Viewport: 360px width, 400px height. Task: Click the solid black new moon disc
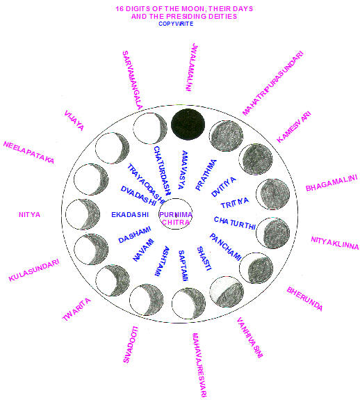(188, 125)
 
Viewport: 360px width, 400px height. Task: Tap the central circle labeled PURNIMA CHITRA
(176, 214)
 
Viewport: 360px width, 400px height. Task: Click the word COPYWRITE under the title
(176, 24)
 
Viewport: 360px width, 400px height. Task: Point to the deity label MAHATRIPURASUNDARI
(272, 83)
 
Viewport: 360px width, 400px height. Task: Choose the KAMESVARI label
(294, 127)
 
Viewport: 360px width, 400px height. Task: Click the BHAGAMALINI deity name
(332, 183)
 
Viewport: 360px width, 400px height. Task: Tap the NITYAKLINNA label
(335, 243)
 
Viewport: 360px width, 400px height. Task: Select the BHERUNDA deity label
(304, 298)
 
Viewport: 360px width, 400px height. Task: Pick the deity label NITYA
(30, 214)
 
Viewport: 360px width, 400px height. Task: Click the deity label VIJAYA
(74, 120)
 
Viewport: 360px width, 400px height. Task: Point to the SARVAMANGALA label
(132, 81)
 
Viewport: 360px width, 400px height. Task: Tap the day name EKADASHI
(130, 214)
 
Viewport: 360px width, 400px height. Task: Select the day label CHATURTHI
(235, 223)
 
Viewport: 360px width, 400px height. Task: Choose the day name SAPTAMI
(183, 266)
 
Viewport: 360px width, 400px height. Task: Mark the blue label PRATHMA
(206, 175)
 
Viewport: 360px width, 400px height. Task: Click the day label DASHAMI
(135, 235)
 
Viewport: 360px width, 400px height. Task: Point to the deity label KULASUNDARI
(34, 270)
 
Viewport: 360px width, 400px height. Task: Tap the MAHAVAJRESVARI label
(199, 365)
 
